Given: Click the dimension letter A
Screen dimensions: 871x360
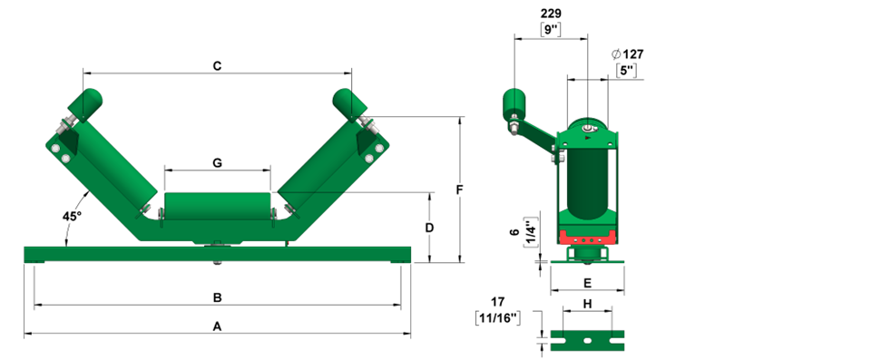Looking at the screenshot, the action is [217, 326].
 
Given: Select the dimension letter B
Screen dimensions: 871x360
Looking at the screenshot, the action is [218, 297].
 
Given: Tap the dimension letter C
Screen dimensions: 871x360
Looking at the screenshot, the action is [217, 66].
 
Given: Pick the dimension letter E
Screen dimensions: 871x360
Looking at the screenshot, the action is [588, 283].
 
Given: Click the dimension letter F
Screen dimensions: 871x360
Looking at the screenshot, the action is [459, 190].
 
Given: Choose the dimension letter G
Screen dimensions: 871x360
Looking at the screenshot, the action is [217, 163].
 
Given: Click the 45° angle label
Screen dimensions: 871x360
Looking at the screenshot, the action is [73, 217].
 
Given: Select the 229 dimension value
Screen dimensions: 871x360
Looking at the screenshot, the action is [551, 14].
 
